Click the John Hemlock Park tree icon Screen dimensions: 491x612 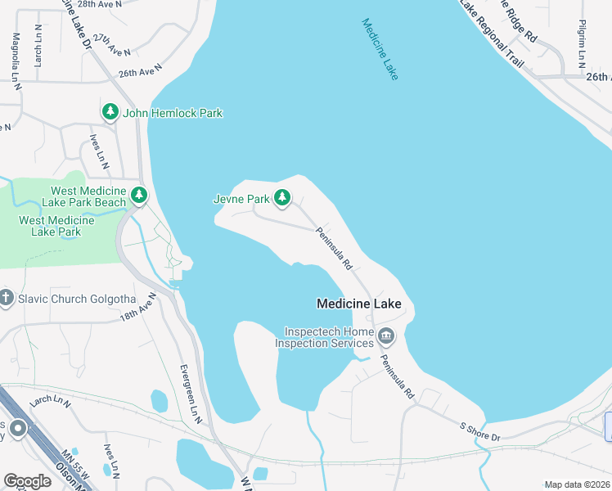[110, 112]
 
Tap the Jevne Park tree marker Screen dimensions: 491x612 [282, 197]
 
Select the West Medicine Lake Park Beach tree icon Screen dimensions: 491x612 [140, 195]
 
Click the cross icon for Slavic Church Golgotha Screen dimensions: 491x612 [7, 298]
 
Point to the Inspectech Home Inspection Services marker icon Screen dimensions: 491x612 [385, 336]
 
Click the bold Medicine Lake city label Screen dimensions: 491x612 [358, 304]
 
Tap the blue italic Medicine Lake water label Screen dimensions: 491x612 [380, 49]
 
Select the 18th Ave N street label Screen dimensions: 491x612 [137, 307]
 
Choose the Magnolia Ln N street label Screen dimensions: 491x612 [16, 58]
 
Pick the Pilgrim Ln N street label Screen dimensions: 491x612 [582, 44]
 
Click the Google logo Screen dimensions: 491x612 [27, 481]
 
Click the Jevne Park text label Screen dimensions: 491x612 [241, 198]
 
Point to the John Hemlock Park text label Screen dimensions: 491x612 [173, 113]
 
